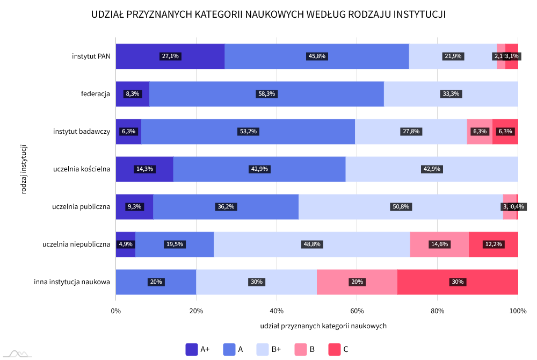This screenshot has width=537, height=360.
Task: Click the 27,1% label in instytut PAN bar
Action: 170,56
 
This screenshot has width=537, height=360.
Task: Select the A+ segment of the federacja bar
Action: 132,94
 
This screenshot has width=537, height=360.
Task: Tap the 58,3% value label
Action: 266,94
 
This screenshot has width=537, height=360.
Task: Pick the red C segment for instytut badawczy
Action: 505,132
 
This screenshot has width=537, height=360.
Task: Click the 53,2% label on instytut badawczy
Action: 247,132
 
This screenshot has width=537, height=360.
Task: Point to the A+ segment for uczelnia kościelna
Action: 144,169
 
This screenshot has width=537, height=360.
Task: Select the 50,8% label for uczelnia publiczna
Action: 401,207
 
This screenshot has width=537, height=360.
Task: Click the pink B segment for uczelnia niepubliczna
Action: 439,244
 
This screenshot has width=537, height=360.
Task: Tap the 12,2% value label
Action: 494,244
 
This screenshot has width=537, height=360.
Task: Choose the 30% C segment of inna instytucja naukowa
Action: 458,282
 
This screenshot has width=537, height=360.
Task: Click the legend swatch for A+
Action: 191,349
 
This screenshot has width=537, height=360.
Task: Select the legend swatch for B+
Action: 263,349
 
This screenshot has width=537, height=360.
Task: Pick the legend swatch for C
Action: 334,349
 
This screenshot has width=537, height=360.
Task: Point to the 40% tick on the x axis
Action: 277,311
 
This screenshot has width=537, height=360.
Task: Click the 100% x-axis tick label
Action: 518,311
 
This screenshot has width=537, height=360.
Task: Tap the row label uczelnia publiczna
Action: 81,207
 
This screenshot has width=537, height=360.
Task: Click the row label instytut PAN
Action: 91,56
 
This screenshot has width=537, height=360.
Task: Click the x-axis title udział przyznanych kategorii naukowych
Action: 323,326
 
